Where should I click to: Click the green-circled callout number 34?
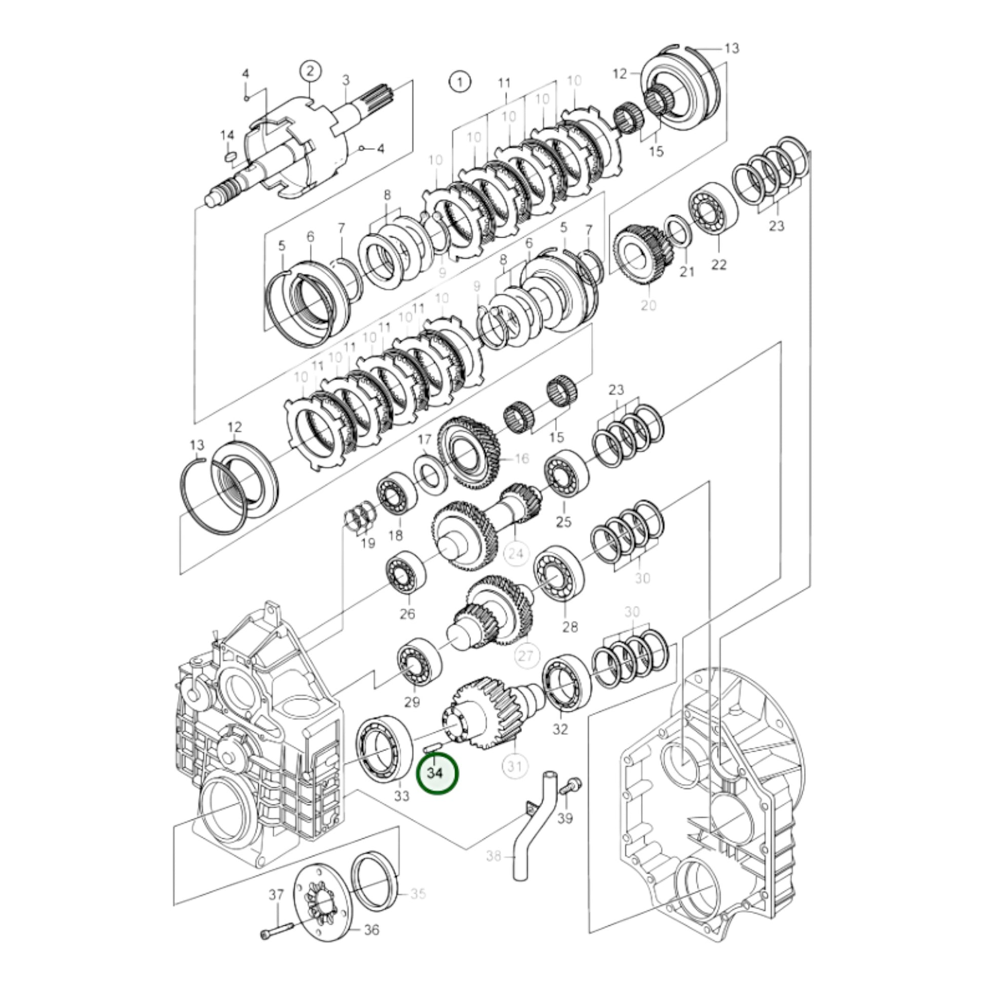click(x=437, y=787)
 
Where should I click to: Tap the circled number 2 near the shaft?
click(x=310, y=71)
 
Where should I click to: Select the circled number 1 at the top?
click(x=460, y=81)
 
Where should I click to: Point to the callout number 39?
click(x=565, y=833)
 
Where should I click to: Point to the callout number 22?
click(x=718, y=264)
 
